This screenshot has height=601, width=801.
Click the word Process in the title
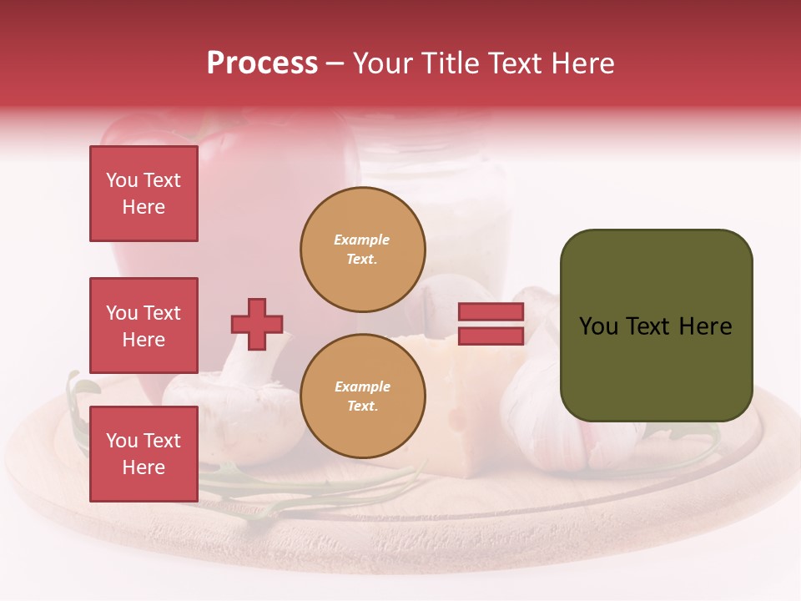coord(262,63)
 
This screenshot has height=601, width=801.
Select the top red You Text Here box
coord(144,194)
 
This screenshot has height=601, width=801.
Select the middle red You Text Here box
coord(144,326)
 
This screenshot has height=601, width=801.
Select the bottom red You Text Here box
coord(144,454)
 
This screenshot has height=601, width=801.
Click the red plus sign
coord(257,324)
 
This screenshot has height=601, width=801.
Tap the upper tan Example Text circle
coord(363,250)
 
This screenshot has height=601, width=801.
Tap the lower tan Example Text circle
coord(363,396)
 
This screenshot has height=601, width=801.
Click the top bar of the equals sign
coord(491,312)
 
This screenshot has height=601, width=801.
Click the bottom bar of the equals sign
coord(491,336)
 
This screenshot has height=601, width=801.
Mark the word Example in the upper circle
coord(361,240)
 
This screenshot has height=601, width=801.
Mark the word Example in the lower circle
coord(362,386)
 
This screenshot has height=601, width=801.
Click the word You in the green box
coord(599,326)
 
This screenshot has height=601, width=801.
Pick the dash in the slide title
coord(335,64)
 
